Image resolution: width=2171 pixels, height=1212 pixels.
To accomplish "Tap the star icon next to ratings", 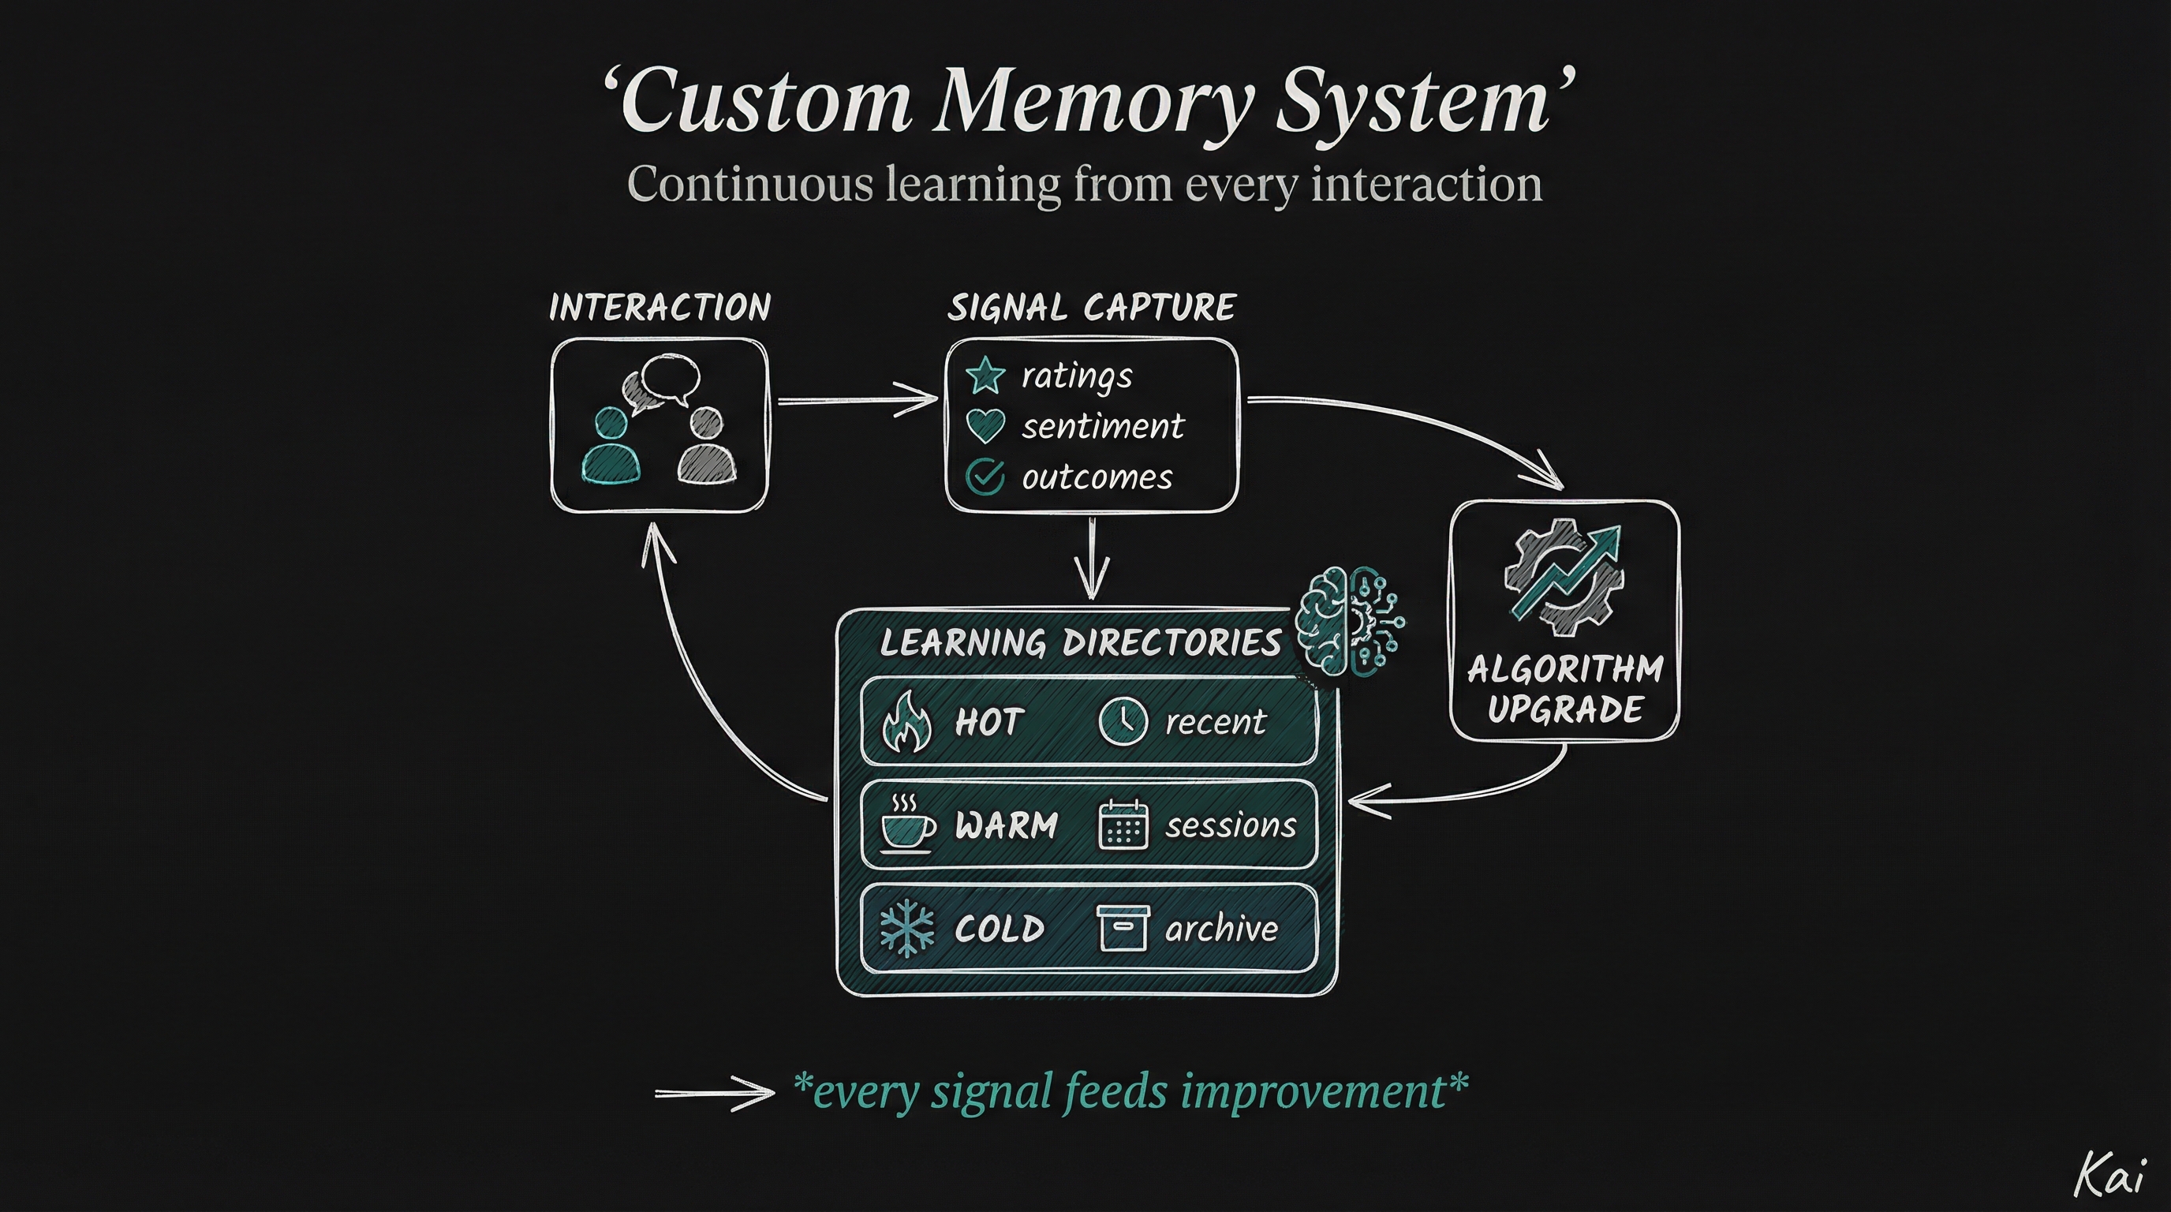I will pyautogui.click(x=985, y=375).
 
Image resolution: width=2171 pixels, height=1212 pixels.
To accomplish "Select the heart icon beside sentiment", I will pyautogui.click(x=985, y=425).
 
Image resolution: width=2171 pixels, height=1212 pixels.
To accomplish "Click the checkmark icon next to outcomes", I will pyautogui.click(x=985, y=477).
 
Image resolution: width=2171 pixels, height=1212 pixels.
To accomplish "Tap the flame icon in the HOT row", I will pyautogui.click(x=906, y=721).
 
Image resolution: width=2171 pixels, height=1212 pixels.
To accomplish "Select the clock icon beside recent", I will pyautogui.click(x=1123, y=721).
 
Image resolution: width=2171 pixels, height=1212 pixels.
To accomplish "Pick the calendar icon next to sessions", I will pyautogui.click(x=1123, y=825).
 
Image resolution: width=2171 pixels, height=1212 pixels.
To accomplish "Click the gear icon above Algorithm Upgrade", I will pyautogui.click(x=1564, y=578).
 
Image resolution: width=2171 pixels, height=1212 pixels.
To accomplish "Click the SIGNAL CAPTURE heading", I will pyautogui.click(x=1091, y=308).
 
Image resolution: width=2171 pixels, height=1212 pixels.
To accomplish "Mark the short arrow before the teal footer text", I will pyautogui.click(x=714, y=1093).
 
